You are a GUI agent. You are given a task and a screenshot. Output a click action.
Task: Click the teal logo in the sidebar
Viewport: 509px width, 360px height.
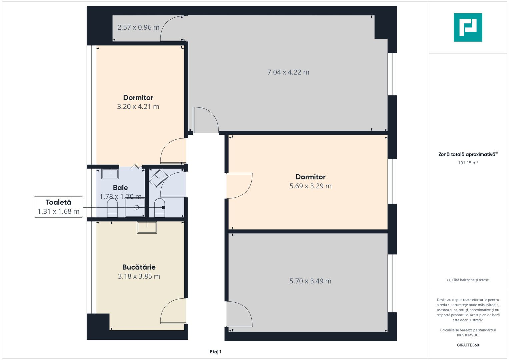[468, 27]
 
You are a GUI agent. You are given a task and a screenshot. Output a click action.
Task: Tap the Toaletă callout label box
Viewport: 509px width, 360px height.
[58, 207]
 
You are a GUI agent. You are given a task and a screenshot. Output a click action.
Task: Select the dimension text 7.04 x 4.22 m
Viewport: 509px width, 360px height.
[288, 72]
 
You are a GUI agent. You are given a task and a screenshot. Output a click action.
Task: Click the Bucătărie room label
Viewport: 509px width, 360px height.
[139, 267]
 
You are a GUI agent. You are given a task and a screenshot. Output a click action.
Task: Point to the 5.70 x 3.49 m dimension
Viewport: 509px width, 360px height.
[310, 281]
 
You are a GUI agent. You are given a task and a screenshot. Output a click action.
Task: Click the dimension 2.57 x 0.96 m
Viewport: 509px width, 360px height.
[138, 27]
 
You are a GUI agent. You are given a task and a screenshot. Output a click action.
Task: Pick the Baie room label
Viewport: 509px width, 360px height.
[120, 187]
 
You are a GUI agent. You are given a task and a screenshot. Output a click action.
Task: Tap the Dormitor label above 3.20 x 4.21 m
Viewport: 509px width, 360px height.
[138, 97]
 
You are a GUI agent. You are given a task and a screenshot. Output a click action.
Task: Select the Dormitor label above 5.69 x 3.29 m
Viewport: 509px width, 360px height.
[310, 177]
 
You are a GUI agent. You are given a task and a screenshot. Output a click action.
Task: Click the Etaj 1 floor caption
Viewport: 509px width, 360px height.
[216, 352]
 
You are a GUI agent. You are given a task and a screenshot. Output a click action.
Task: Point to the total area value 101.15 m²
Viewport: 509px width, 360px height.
[468, 163]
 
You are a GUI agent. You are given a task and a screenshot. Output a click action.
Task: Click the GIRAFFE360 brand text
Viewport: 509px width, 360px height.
[468, 345]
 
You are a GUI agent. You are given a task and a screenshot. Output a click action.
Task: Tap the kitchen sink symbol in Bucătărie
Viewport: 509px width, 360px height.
[147, 227]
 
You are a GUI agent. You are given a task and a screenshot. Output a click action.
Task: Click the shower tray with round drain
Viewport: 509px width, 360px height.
[135, 207]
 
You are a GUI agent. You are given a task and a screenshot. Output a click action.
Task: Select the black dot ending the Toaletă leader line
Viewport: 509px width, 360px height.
[163, 207]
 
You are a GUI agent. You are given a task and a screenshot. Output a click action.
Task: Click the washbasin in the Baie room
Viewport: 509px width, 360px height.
[110, 174]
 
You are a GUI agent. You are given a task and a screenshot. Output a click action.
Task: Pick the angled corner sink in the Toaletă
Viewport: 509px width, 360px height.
[158, 178]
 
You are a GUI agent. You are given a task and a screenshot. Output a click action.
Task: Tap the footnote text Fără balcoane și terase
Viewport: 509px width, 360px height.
[468, 280]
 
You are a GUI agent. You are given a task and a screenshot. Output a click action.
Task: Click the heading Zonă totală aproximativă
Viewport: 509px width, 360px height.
[467, 154]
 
